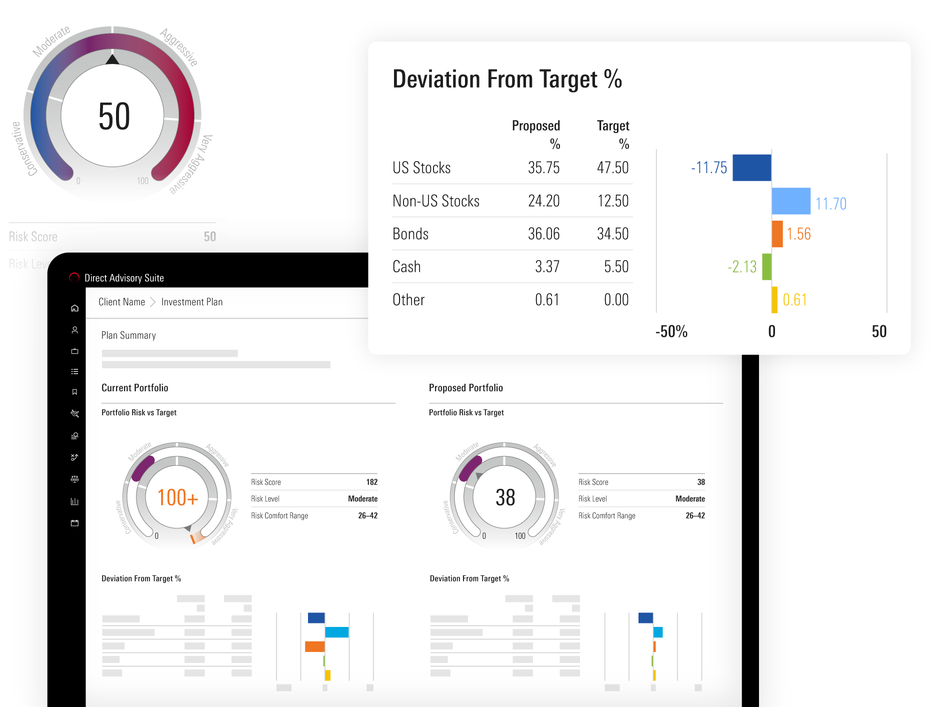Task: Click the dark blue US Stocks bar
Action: (751, 168)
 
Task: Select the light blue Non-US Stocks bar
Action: (790, 201)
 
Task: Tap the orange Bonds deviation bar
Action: (777, 234)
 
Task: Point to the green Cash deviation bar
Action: (766, 267)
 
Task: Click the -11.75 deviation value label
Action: (708, 168)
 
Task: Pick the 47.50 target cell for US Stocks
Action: (612, 168)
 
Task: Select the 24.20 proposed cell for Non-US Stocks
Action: (543, 201)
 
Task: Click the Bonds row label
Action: (410, 234)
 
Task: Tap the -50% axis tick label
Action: (671, 331)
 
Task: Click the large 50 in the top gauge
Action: (114, 117)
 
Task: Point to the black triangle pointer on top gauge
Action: (112, 60)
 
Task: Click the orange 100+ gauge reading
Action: (177, 497)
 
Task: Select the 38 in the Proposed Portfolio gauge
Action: (505, 497)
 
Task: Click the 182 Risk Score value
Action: (371, 482)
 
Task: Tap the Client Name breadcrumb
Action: (121, 302)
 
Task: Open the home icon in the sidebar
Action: (74, 308)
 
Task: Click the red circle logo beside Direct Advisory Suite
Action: (74, 278)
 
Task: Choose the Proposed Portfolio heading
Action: (465, 388)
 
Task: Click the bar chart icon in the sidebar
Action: (74, 501)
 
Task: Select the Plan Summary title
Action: (128, 335)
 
